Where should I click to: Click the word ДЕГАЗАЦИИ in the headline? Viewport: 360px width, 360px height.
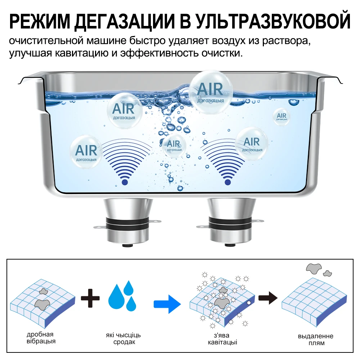click(x=124, y=22)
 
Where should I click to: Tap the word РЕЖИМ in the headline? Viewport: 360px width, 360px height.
click(x=39, y=22)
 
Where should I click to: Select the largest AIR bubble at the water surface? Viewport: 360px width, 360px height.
click(x=211, y=92)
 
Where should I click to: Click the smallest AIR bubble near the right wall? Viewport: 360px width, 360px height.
click(x=282, y=117)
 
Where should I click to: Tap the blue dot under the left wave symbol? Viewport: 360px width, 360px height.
click(x=125, y=182)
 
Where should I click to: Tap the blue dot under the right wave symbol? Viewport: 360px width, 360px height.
click(x=228, y=182)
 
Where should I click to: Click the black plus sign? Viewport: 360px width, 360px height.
click(x=90, y=298)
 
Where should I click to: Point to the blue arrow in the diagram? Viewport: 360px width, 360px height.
click(x=167, y=304)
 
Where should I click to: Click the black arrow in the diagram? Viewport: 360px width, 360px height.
click(x=268, y=298)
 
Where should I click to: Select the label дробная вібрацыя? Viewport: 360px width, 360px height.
click(x=41, y=338)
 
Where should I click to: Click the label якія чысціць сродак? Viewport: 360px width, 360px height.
click(x=123, y=338)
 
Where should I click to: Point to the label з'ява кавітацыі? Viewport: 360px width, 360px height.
click(x=222, y=339)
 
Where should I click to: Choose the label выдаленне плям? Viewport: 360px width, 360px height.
click(x=315, y=339)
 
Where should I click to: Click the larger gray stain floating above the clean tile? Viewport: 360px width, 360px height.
click(x=314, y=268)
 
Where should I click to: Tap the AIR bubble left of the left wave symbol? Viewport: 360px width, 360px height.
click(x=86, y=152)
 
